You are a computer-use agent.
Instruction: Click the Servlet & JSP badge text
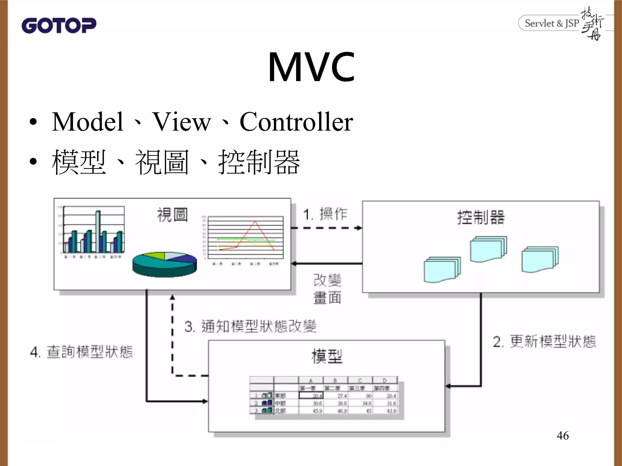(552, 23)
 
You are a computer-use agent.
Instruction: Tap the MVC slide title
(311, 67)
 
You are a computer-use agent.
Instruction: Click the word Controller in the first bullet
(296, 122)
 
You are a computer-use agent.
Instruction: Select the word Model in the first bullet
(87, 122)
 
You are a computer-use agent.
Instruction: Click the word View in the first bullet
(181, 122)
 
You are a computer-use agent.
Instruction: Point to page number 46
(562, 436)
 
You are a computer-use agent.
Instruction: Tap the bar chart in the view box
(94, 232)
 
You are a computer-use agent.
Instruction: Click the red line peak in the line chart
(255, 222)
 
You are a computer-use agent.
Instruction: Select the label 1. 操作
(325, 214)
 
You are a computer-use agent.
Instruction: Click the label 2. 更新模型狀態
(544, 342)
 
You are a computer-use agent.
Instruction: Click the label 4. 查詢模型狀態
(81, 352)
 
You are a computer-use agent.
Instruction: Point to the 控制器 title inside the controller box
(481, 218)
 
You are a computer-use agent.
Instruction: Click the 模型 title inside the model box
(327, 356)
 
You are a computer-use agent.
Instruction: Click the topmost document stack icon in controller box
(488, 249)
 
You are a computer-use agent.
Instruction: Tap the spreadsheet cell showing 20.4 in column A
(311, 396)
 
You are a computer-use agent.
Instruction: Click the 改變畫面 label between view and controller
(327, 289)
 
